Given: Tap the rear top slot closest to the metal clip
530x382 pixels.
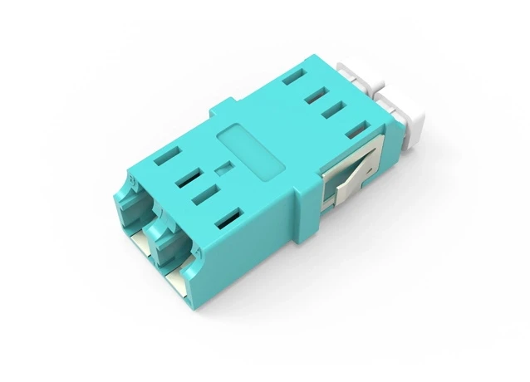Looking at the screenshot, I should pyautogui.click(x=356, y=130).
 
